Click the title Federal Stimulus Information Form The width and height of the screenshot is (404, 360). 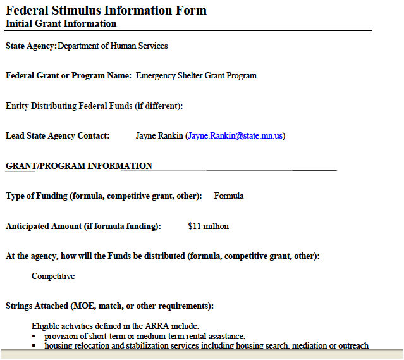[106, 10]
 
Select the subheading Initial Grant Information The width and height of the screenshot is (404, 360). [61, 24]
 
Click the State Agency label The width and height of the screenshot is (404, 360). [31, 46]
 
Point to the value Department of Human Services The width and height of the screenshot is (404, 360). [113, 46]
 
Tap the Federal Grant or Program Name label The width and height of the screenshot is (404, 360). [68, 75]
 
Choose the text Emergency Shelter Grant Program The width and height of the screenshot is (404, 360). [196, 75]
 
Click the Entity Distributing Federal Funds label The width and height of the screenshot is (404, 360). [94, 106]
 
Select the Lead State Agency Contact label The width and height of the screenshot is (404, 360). [58, 135]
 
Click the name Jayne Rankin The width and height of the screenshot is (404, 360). [159, 135]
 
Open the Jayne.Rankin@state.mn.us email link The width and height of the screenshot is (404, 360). [235, 135]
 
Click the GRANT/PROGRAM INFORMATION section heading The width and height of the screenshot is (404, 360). [79, 166]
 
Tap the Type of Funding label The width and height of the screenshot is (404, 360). [104, 196]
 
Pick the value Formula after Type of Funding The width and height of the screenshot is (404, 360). [229, 196]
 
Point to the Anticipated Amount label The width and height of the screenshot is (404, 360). [83, 226]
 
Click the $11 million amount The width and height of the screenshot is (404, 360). [209, 226]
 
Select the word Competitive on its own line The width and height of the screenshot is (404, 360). [53, 276]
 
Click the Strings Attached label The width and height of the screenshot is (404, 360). [109, 306]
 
